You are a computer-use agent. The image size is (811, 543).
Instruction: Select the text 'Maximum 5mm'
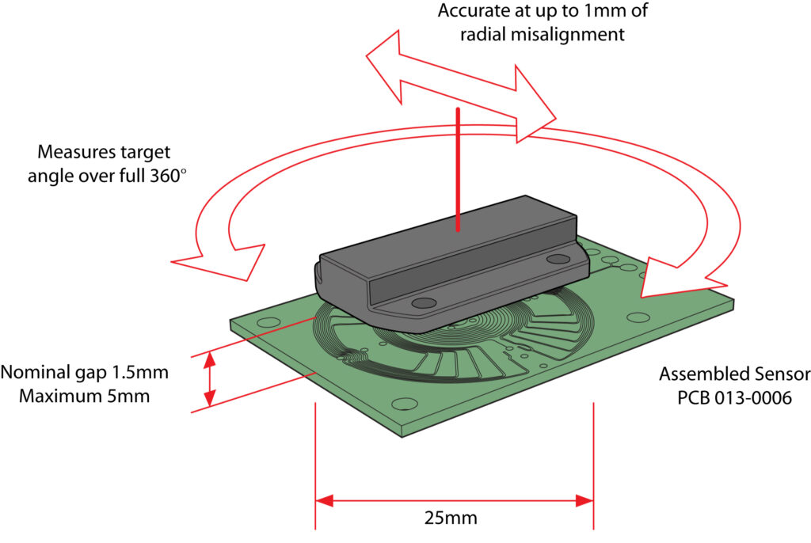coord(77,394)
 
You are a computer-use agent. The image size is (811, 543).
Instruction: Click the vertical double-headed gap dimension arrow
coord(210,379)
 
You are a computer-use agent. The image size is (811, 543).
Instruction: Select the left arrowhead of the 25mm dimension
coord(325,500)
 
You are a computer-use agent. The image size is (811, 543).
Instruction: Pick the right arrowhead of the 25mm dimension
coord(584,500)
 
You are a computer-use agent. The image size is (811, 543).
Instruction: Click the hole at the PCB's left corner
coord(268,323)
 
